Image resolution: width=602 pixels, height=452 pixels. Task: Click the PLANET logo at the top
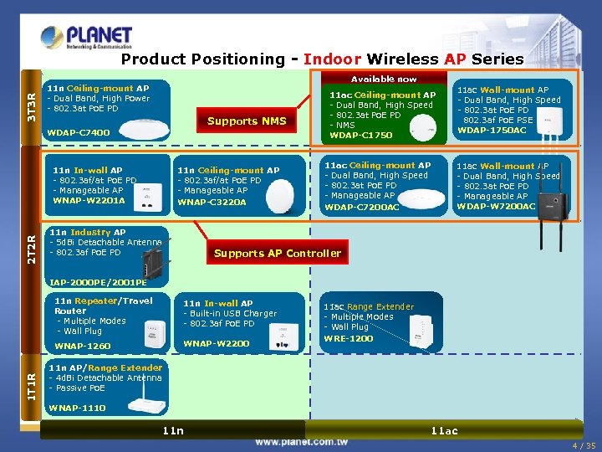[86, 38]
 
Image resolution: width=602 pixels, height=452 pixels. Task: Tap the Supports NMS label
[247, 121]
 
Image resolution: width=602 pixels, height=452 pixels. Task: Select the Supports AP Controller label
[278, 254]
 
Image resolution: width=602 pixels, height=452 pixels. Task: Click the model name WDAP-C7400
[79, 133]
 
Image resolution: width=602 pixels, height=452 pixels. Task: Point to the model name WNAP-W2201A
[89, 201]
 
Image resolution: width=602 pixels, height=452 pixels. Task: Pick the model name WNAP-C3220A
[212, 202]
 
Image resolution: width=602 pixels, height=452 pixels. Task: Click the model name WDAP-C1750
[361, 136]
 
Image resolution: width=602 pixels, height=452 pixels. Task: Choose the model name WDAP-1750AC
[492, 131]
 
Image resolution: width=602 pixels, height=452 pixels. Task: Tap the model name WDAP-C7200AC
[361, 207]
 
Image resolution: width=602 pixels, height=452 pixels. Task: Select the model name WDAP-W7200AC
[496, 207]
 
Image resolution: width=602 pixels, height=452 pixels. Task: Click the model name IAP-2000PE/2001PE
[99, 282]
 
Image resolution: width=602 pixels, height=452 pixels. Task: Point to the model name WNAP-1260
[83, 346]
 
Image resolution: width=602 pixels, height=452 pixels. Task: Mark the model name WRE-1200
[349, 338]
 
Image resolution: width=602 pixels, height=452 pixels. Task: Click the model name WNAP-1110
[78, 408]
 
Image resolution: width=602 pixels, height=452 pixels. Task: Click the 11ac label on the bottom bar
[444, 430]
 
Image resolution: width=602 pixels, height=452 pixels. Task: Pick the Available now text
[384, 79]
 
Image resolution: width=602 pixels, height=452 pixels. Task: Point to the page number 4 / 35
[584, 445]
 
